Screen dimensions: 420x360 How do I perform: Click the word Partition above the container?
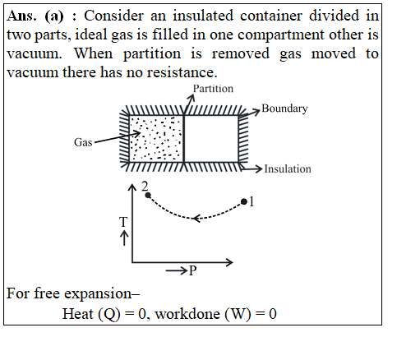click(x=213, y=89)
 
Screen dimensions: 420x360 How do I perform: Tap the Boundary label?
click(x=284, y=108)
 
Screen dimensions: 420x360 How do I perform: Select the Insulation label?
click(x=288, y=169)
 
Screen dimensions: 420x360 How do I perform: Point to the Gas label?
click(x=83, y=142)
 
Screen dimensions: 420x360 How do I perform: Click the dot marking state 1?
click(x=244, y=202)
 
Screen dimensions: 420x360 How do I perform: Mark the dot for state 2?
click(x=148, y=196)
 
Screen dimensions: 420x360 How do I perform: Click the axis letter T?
click(x=123, y=222)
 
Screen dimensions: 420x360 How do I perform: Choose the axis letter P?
click(x=193, y=270)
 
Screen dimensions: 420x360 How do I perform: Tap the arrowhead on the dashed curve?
click(x=196, y=219)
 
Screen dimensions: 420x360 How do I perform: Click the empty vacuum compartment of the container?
click(x=211, y=139)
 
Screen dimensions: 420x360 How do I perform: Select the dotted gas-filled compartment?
click(x=156, y=139)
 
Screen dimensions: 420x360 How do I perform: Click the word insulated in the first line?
click(x=203, y=16)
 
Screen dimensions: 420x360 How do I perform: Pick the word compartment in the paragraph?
click(x=280, y=35)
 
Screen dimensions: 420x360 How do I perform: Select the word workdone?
click(x=187, y=314)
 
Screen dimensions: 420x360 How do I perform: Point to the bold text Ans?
click(x=21, y=16)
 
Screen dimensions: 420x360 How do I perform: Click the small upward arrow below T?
click(x=124, y=238)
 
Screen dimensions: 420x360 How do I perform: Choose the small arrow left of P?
click(x=176, y=271)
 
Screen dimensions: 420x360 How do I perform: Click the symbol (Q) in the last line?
click(x=108, y=314)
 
